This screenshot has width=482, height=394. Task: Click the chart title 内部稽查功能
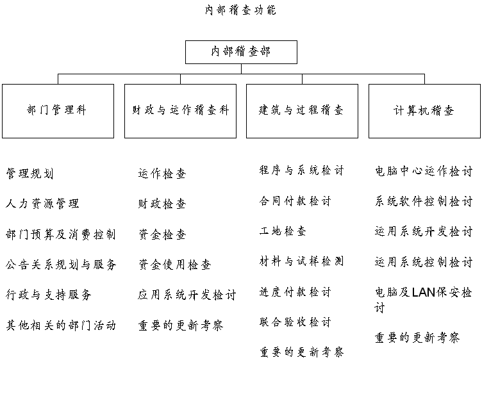(241, 10)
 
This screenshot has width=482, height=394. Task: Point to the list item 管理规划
(30, 174)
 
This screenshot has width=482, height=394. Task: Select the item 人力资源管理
(42, 204)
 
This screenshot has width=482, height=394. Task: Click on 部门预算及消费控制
(61, 234)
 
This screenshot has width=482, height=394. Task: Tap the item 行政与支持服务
(49, 295)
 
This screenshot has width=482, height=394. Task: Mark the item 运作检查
(162, 174)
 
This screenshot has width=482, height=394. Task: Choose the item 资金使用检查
(175, 265)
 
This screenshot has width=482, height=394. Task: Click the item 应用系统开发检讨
(187, 295)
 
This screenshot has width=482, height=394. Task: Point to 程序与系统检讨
(301, 170)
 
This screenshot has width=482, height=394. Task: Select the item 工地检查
(283, 231)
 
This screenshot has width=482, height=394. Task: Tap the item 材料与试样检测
(301, 261)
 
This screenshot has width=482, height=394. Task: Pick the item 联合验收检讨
(295, 322)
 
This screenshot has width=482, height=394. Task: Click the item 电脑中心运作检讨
(424, 171)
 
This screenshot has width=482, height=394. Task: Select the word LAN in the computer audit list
(423, 292)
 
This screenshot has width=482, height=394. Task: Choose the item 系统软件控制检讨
(424, 202)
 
